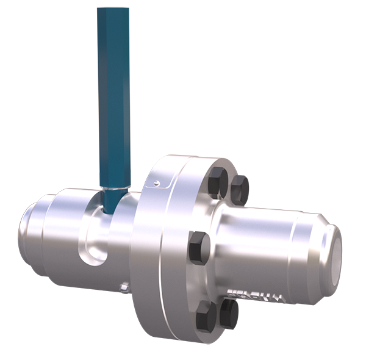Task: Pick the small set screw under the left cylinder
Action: (124, 284)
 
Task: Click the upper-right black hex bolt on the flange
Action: (239, 189)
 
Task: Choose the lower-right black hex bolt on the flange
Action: (227, 312)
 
